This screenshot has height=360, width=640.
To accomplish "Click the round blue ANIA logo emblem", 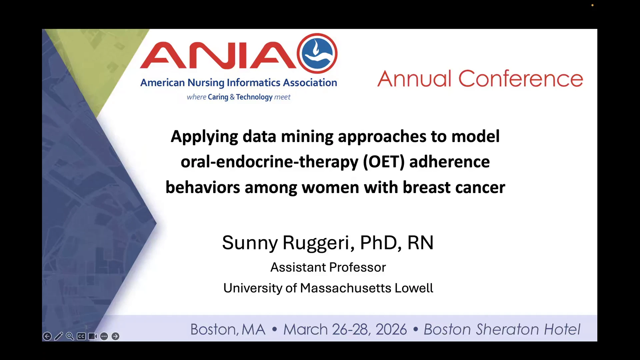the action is [317, 53].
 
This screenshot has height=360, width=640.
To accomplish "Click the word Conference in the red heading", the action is [521, 79].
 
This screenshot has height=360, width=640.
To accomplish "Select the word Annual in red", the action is [414, 79].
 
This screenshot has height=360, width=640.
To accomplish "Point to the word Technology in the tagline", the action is [254, 97].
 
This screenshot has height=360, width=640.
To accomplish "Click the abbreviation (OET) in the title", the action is [384, 162].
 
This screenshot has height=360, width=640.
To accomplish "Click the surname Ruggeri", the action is [318, 243].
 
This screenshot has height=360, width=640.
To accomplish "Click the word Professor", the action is [357, 267].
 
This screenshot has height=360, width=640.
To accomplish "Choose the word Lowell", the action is [414, 288].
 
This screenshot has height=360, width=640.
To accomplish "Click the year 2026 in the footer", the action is [391, 329].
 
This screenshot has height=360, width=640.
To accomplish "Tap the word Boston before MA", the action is [214, 329].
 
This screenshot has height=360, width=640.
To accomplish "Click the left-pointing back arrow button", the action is [47, 336].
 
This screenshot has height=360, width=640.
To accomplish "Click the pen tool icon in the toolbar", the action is [59, 336].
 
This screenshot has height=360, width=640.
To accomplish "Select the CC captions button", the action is [81, 336].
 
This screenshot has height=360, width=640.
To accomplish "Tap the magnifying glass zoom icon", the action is [70, 336].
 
